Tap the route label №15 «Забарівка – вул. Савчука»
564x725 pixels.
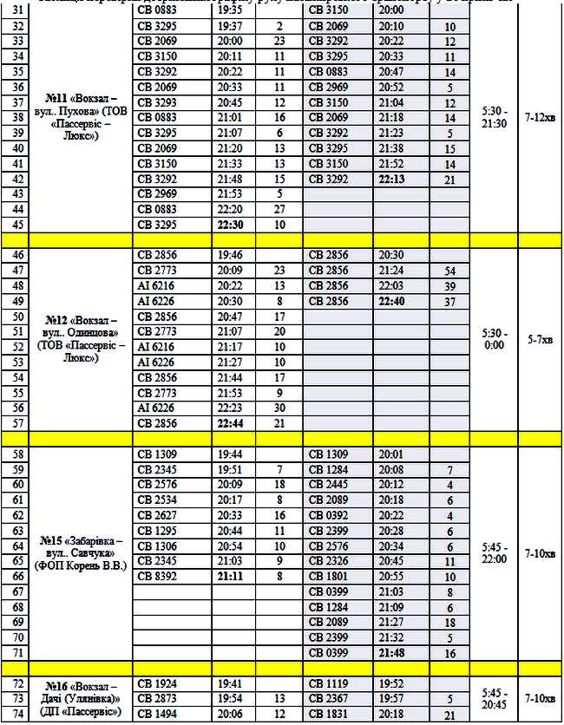click(x=81, y=552)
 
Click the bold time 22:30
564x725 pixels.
click(x=229, y=224)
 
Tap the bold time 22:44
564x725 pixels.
click(x=229, y=423)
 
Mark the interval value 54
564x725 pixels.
click(x=449, y=271)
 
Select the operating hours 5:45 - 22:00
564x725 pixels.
click(x=493, y=552)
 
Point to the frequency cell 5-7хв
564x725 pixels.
click(x=540, y=339)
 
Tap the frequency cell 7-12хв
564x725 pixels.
click(x=540, y=117)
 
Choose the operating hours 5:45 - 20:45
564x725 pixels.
click(x=493, y=697)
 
